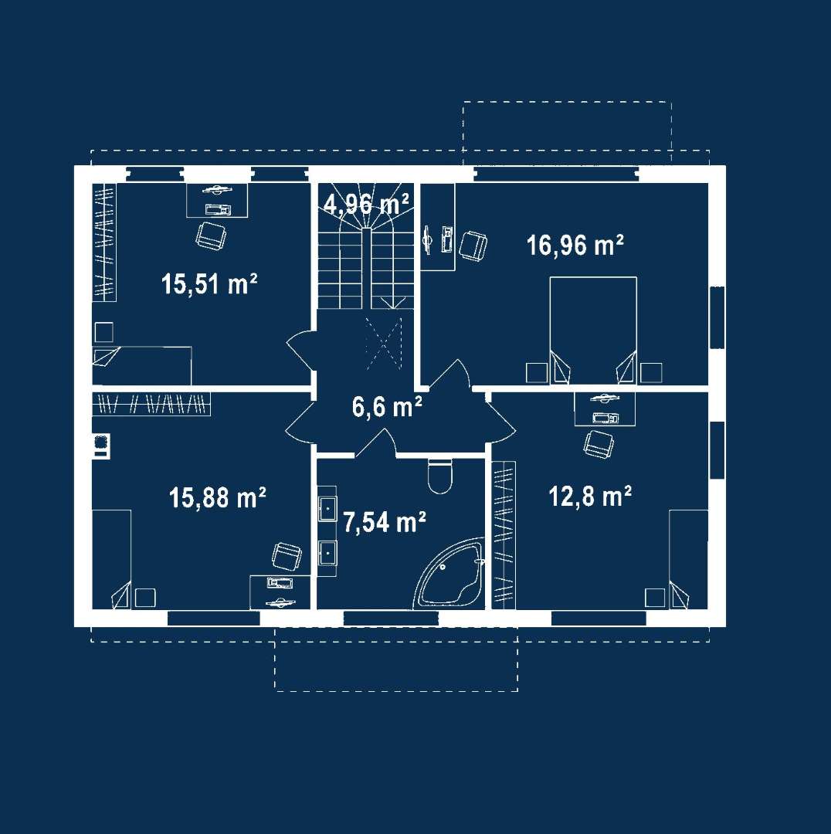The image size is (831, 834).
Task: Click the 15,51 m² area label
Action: click(209, 283)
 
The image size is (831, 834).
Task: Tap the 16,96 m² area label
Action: click(575, 246)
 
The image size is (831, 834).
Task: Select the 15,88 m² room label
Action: click(218, 498)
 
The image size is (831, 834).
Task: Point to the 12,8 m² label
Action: click(590, 497)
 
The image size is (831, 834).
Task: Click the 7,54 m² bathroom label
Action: click(384, 522)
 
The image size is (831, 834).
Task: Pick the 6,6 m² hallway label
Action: click(387, 406)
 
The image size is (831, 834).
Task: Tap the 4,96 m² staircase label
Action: click(367, 204)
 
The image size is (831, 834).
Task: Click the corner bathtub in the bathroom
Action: click(450, 575)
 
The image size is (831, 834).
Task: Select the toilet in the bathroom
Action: click(440, 476)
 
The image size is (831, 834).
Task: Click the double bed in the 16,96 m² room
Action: click(593, 330)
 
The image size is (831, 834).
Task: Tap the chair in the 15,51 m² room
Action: click(211, 236)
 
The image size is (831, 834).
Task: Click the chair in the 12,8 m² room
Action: click(599, 444)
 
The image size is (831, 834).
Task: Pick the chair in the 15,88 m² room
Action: click(287, 556)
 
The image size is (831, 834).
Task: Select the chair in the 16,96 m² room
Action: click(473, 246)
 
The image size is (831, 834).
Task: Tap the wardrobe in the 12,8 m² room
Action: click(504, 535)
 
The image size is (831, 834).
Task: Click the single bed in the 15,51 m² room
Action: click(142, 365)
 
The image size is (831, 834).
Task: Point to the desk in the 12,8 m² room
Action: click(605, 409)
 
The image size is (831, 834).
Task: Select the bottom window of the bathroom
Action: click(391, 619)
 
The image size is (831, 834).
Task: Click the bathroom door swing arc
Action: click(377, 442)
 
